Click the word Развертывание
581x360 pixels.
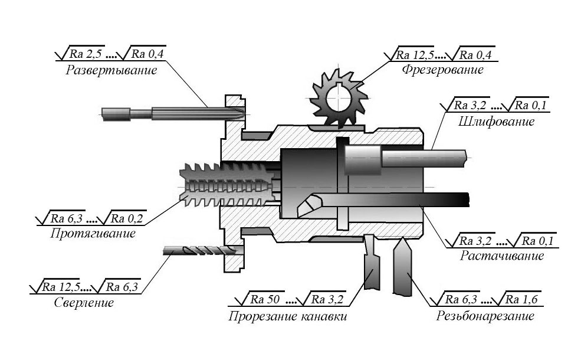tap(111, 70)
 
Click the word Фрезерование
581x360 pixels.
tap(442, 70)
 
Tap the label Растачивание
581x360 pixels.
tap(501, 256)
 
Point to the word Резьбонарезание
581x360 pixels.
tap(485, 316)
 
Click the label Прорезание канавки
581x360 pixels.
tap(287, 316)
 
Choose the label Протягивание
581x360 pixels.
tap(93, 233)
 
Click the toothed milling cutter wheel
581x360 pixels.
tap(336, 97)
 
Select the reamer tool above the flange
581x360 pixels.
tap(177, 112)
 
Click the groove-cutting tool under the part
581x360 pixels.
tap(374, 269)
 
